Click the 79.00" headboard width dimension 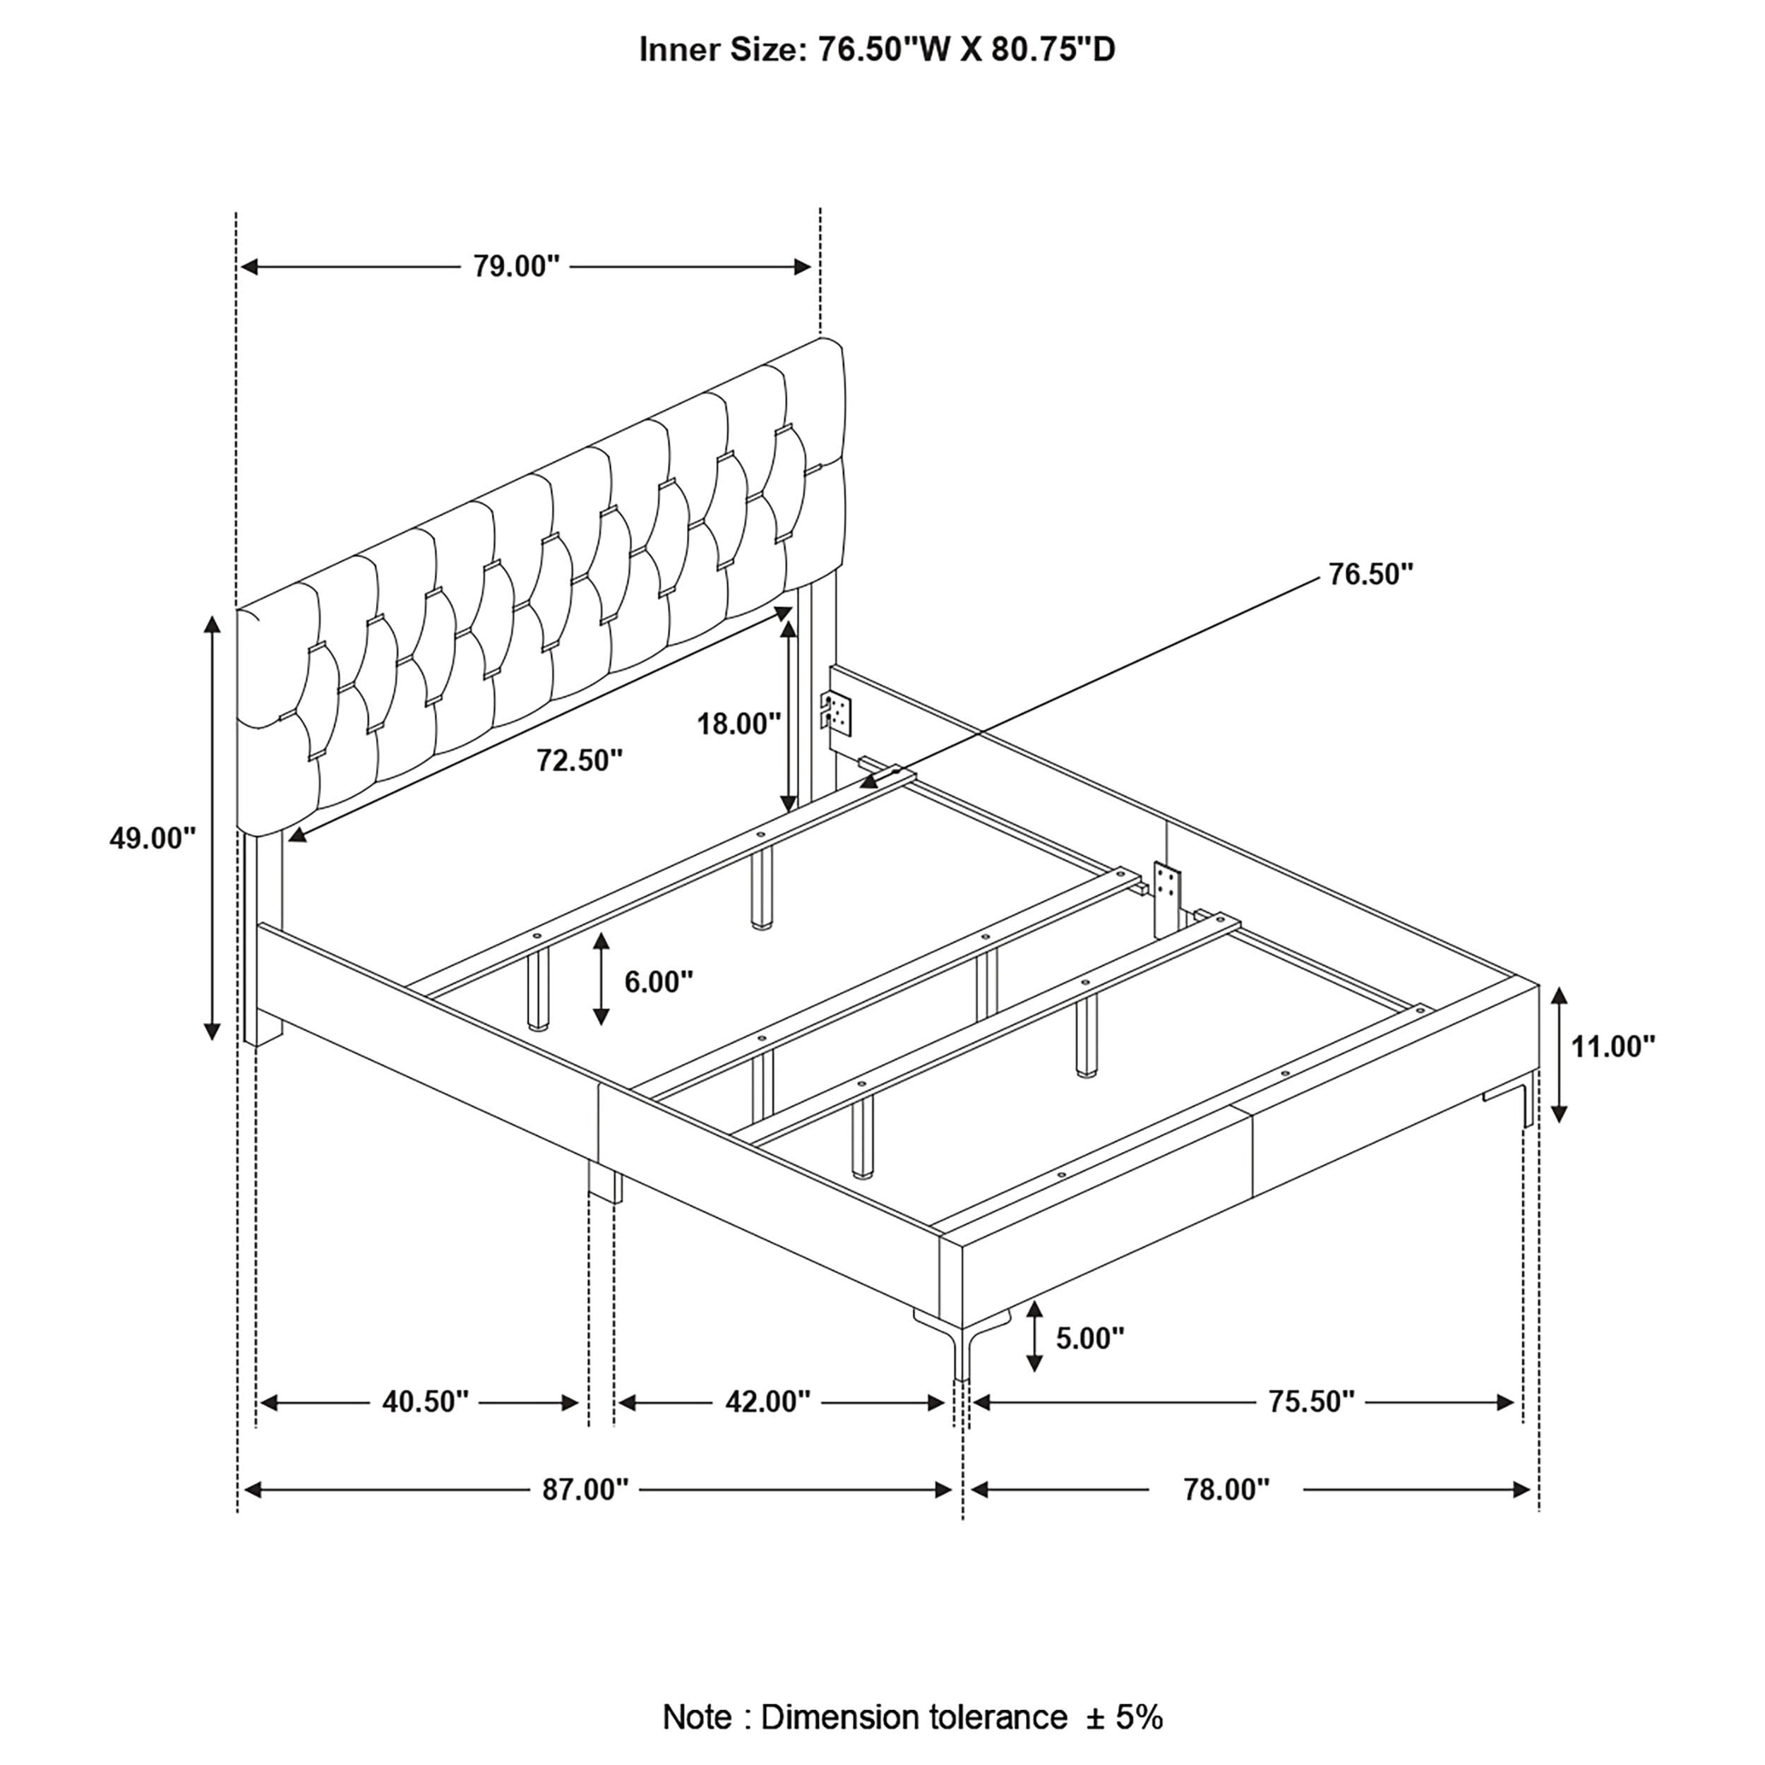point(515,267)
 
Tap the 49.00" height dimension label point(152,838)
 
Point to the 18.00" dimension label point(739,724)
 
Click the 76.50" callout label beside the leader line point(1370,575)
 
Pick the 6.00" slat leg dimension point(658,982)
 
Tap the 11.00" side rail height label point(1613,1047)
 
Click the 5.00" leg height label point(1090,1339)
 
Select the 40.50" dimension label point(425,1401)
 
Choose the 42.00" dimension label point(767,1401)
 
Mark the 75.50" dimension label point(1310,1401)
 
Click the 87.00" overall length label point(585,1490)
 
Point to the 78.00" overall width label point(1226,1490)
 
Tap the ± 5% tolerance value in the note point(1125,1718)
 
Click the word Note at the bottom point(697,1718)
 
